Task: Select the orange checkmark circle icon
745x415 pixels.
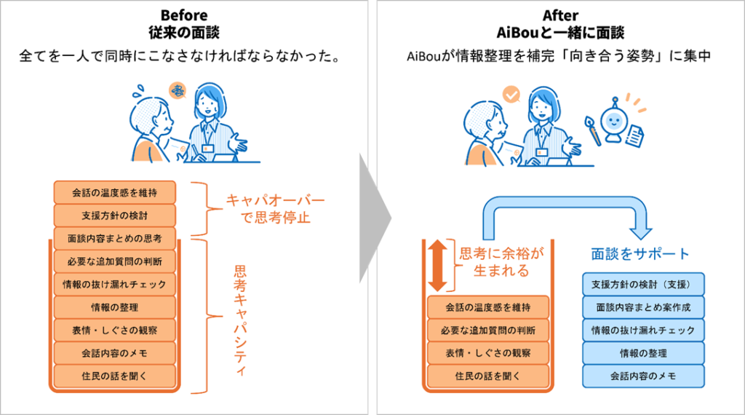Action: point(512,95)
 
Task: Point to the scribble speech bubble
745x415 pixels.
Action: point(178,91)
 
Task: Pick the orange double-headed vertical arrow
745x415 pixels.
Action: point(437,266)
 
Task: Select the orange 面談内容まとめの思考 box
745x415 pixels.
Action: point(115,238)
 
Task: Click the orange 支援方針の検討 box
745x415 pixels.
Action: point(115,216)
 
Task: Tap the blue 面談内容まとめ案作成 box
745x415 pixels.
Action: point(644,307)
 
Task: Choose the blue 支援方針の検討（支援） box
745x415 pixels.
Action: point(644,284)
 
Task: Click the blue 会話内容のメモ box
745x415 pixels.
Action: point(644,376)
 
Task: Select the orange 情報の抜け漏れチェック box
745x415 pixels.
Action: point(115,284)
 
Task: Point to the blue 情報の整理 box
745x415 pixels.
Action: point(644,353)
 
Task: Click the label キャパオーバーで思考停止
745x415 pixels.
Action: point(265,208)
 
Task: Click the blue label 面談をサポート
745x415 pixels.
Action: point(640,255)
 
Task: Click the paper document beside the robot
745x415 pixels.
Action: point(634,135)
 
